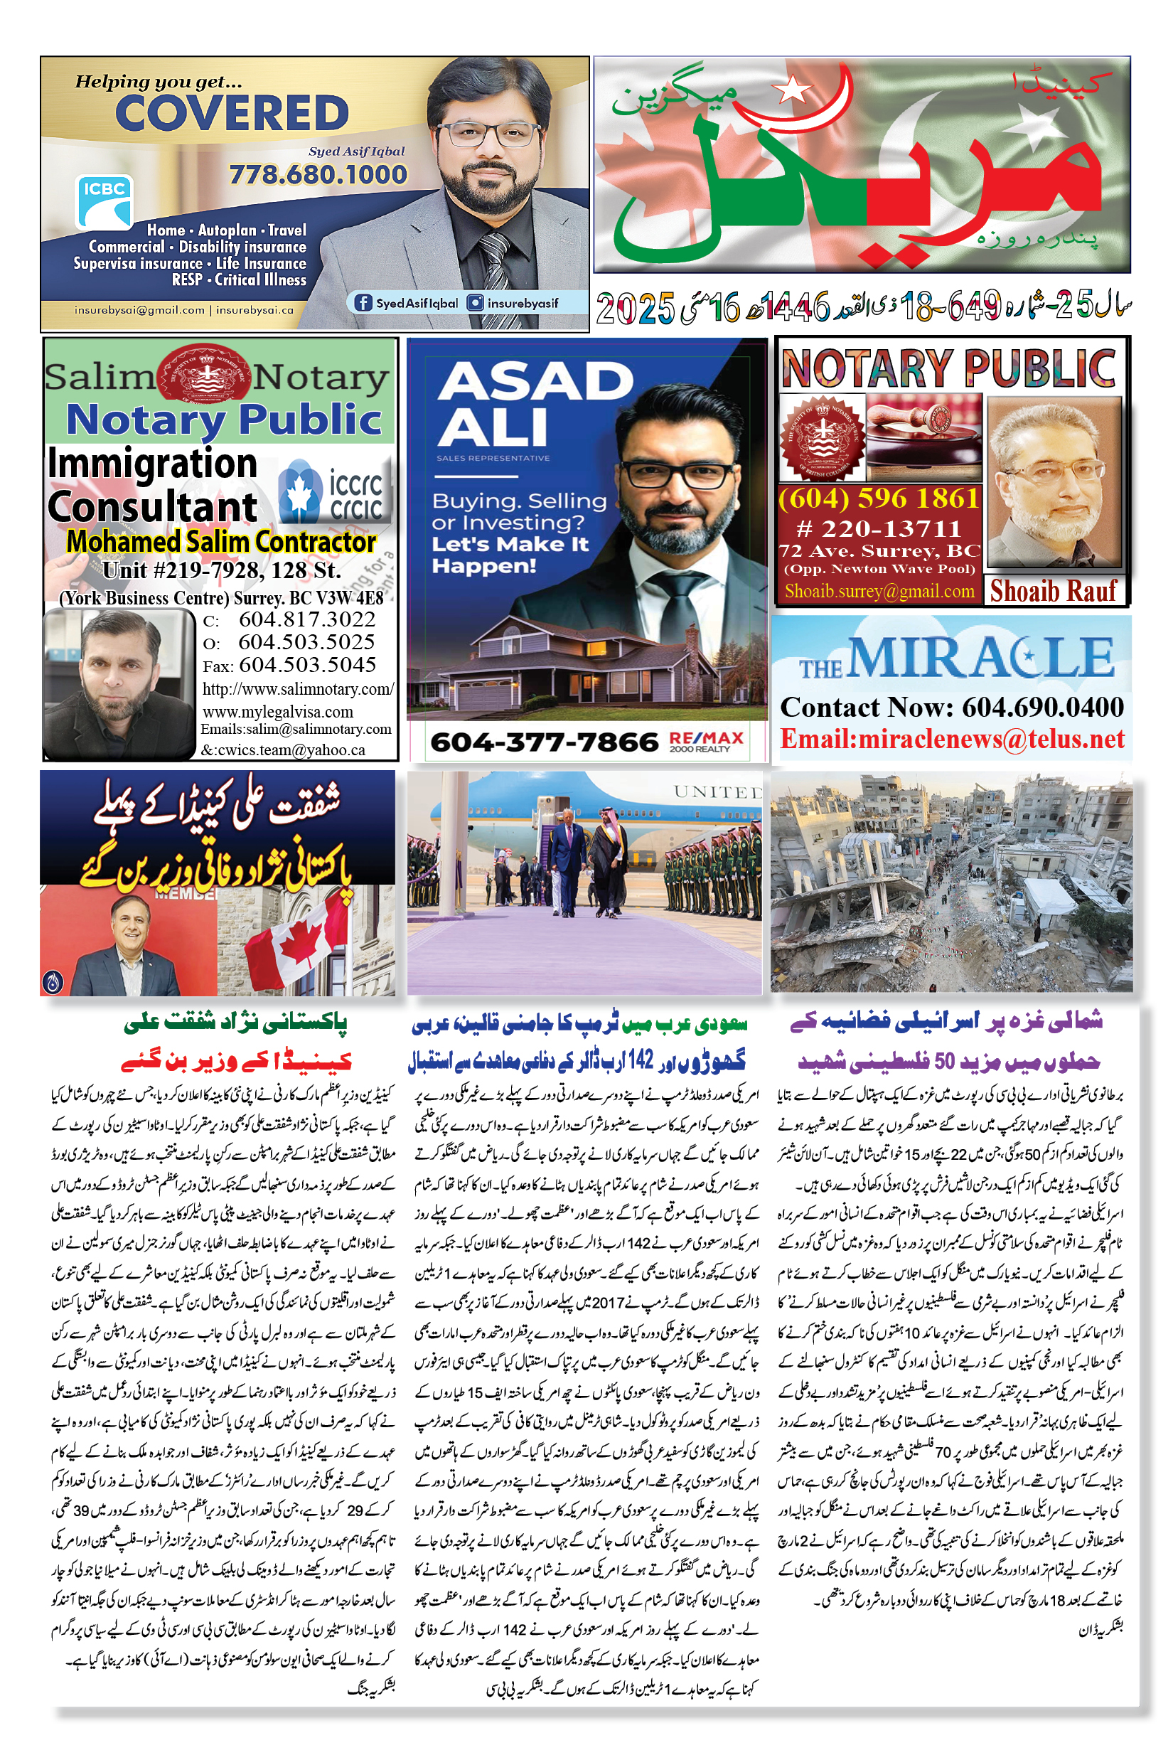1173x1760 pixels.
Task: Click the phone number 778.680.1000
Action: point(318,174)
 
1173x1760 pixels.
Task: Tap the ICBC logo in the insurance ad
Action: point(104,201)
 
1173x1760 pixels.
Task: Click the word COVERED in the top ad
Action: point(232,114)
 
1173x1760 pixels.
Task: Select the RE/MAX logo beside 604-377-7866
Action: point(706,741)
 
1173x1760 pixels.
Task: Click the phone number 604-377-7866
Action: point(544,742)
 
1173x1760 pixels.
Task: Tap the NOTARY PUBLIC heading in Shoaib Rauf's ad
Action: point(948,368)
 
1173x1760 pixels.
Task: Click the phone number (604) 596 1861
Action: point(878,498)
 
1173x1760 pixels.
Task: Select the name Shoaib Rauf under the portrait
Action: point(1054,591)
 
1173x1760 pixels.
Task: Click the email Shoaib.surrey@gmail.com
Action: point(879,591)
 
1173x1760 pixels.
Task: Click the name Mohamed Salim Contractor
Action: point(220,541)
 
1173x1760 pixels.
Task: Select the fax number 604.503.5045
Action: point(306,664)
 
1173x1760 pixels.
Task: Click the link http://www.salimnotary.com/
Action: point(297,688)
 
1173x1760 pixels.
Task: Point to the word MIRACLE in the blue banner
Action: point(981,658)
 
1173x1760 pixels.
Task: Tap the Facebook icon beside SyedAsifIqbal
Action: point(363,303)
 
